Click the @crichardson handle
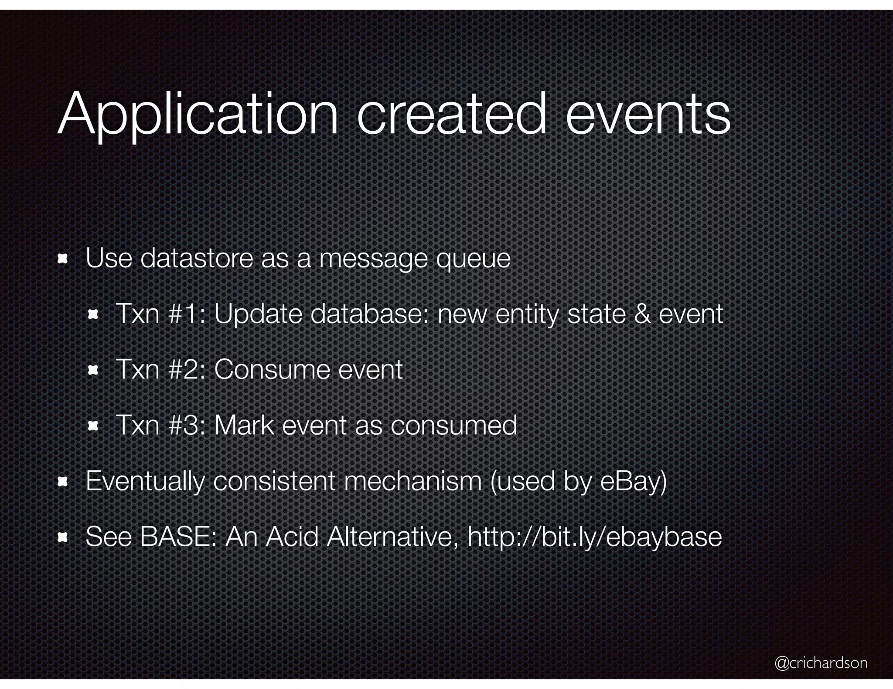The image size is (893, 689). coord(821,662)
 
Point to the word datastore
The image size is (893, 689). coord(197,258)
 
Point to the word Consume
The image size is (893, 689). coord(272,369)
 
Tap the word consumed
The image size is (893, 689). coord(453,425)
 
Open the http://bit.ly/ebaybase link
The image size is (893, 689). coord(595,537)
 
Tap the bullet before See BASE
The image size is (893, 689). coord(62,537)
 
